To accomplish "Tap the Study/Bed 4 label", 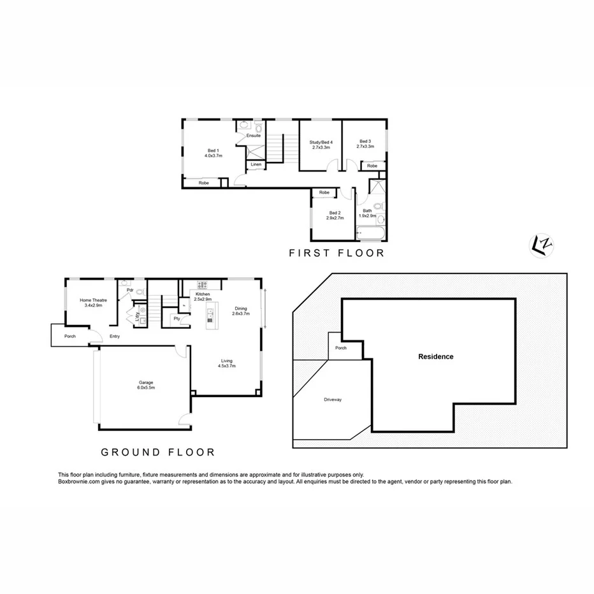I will (x=322, y=144).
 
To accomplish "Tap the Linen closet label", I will (x=256, y=164).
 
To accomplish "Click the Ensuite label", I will (x=254, y=135).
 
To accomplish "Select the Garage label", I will (x=147, y=385).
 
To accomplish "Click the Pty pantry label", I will (x=176, y=318).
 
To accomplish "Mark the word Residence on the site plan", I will (x=436, y=357).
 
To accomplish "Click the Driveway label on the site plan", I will (x=333, y=400).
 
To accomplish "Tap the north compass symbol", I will (x=541, y=245).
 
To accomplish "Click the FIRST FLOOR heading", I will (x=337, y=253).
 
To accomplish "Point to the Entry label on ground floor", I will (x=115, y=337).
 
